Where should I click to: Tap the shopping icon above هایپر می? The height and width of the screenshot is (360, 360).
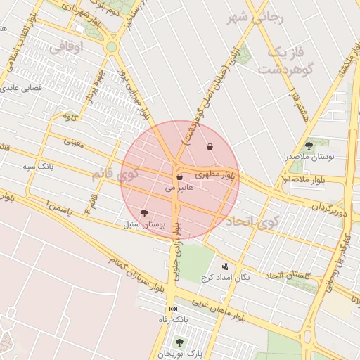(x=179, y=176)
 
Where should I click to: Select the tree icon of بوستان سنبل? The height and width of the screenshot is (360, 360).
(x=144, y=213)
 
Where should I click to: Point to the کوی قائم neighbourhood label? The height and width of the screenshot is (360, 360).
(x=117, y=173)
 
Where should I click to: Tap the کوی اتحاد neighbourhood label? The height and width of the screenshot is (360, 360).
(x=252, y=222)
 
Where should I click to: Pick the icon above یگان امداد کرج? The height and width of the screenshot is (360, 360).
(x=225, y=266)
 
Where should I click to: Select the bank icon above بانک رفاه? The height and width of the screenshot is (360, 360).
(x=174, y=309)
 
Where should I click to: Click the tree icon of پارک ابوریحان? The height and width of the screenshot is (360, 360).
(x=179, y=342)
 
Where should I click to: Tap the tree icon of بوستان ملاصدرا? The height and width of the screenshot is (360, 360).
(x=309, y=145)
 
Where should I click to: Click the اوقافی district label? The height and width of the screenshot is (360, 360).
(x=67, y=47)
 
